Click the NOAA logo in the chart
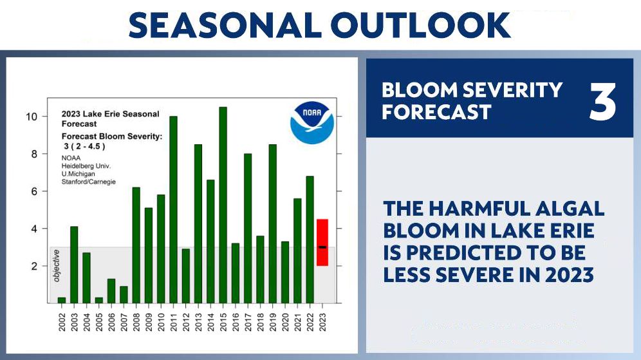point(311,122)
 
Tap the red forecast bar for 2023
point(322,242)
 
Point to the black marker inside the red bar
point(322,247)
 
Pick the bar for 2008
point(136,245)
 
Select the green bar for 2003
point(74,264)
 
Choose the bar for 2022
point(310,239)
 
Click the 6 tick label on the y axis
point(35,191)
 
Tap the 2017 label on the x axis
point(248,320)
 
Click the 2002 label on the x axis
point(62,320)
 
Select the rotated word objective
point(56,266)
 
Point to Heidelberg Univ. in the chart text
point(86,166)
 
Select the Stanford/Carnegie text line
point(89,182)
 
